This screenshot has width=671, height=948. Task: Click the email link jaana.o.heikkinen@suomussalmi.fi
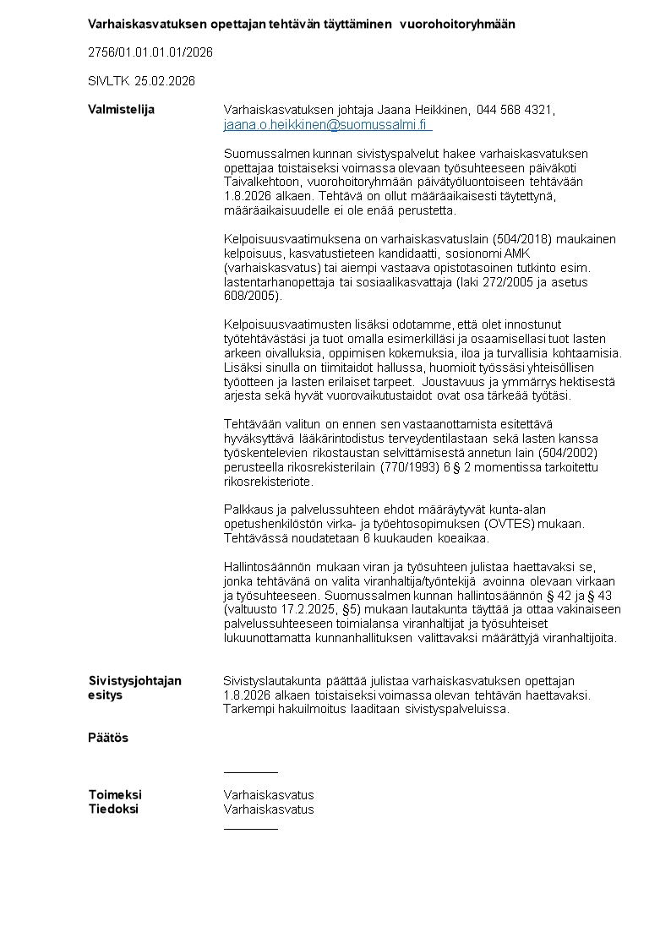326,125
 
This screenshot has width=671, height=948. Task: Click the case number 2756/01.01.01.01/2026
150,52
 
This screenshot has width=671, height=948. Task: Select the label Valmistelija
122,110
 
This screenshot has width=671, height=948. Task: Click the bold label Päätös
108,738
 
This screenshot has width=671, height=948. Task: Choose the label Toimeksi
115,795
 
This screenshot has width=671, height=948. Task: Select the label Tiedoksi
113,809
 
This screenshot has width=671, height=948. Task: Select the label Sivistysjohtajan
135,681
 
